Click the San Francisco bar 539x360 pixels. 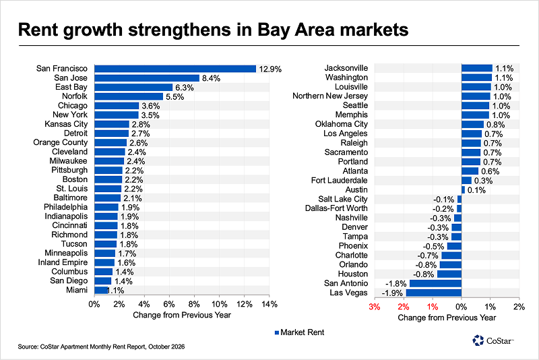[175, 69]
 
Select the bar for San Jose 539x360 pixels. [147, 78]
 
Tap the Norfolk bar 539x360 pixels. [129, 96]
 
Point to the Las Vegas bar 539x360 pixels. [434, 293]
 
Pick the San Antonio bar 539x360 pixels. [435, 284]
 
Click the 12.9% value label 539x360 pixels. [270, 69]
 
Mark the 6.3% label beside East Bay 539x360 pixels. [185, 88]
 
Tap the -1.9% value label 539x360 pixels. [392, 293]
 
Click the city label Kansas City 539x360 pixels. [66, 124]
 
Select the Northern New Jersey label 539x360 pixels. [330, 96]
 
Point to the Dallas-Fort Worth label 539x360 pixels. [336, 208]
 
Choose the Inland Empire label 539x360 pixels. [63, 262]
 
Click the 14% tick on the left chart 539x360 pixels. [269, 304]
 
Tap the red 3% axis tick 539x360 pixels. [375, 307]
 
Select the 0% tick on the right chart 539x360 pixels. [462, 307]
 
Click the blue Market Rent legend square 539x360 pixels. [277, 332]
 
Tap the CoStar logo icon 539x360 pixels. [478, 340]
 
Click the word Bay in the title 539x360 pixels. [274, 30]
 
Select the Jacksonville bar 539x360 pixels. [477, 68]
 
